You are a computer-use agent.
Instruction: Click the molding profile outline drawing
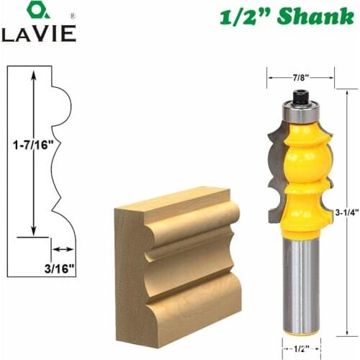click(54, 151)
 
